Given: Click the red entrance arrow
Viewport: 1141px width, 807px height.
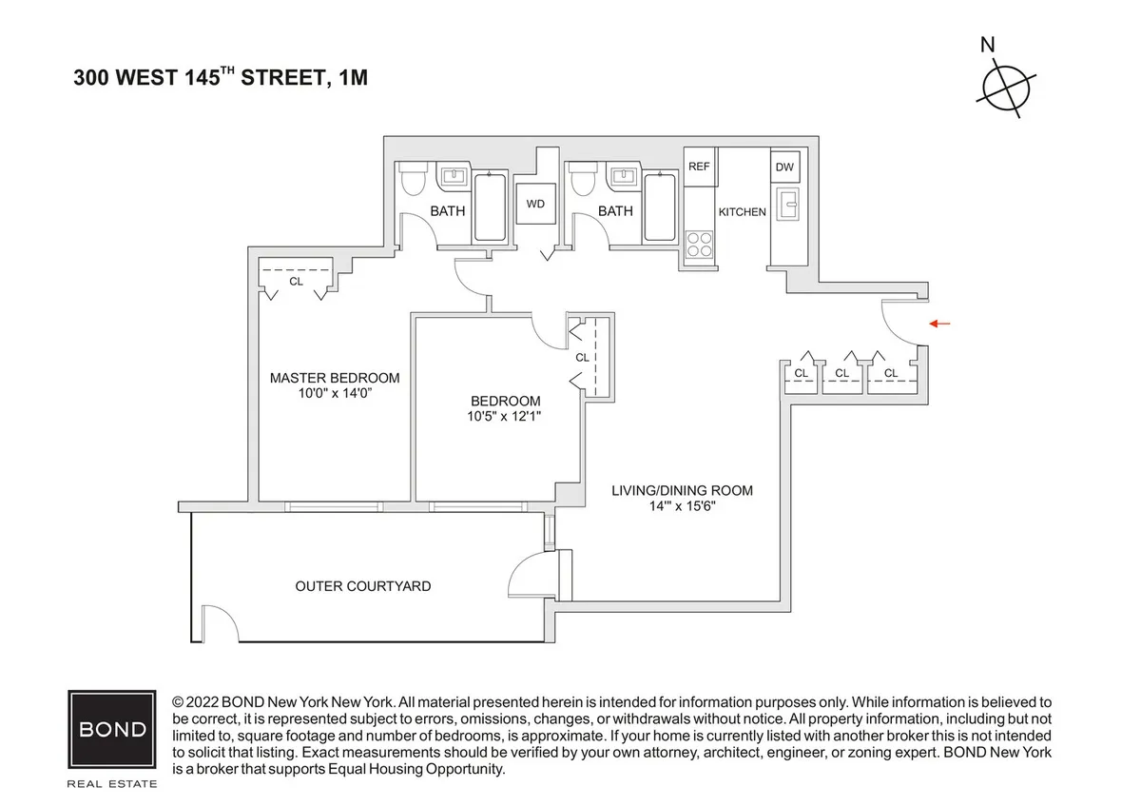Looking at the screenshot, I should point(939,325).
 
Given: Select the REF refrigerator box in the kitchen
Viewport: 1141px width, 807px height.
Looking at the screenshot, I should point(699,167).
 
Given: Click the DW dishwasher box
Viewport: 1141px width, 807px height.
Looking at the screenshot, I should point(784,167).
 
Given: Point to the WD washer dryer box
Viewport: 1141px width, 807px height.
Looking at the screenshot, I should point(535,204).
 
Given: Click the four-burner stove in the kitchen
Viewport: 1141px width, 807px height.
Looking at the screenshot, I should point(699,245).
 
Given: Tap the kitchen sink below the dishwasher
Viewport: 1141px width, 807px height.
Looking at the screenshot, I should point(786,203).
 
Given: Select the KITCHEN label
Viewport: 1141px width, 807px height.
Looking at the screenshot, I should point(742,211).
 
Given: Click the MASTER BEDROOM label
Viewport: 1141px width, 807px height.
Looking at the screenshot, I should point(335,378).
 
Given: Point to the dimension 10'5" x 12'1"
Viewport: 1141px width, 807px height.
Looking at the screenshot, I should point(506,416).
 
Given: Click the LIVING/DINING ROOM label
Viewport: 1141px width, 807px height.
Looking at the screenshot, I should point(682,491).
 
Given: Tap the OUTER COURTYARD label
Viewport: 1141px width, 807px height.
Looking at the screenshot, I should point(362,586).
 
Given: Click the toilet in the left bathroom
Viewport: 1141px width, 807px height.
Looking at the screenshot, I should point(414,178).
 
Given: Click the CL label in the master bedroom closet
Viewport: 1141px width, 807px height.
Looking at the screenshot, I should point(296,282).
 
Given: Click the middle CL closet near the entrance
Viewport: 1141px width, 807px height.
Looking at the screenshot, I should point(841,373).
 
